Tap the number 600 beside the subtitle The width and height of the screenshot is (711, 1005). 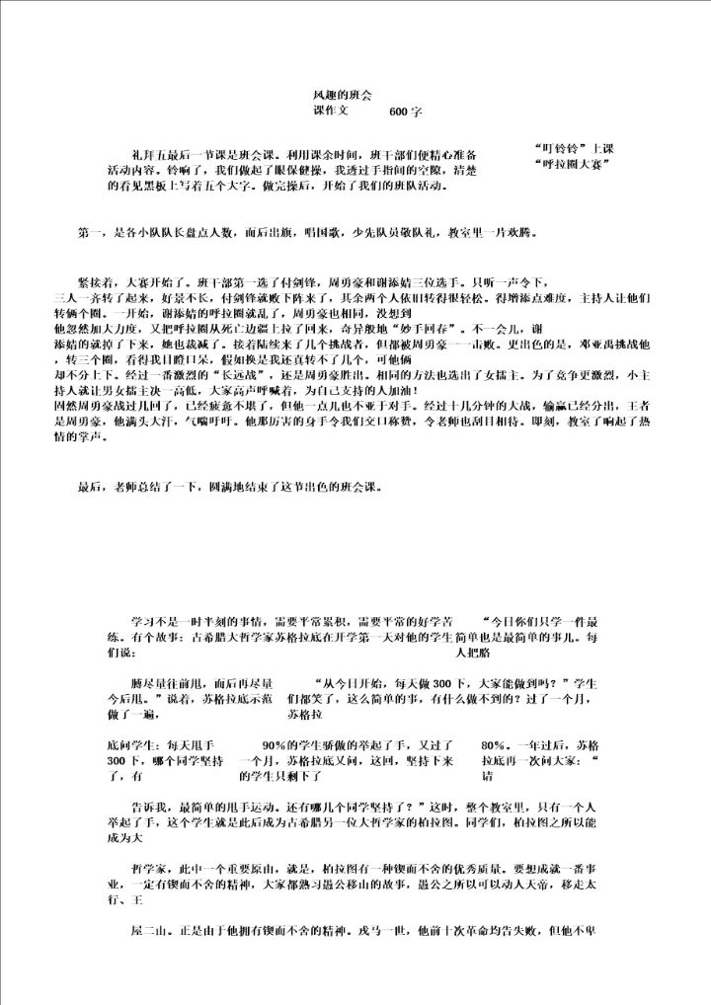click(x=399, y=113)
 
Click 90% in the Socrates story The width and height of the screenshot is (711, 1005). click(x=274, y=746)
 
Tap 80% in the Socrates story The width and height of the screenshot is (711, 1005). click(x=493, y=746)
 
